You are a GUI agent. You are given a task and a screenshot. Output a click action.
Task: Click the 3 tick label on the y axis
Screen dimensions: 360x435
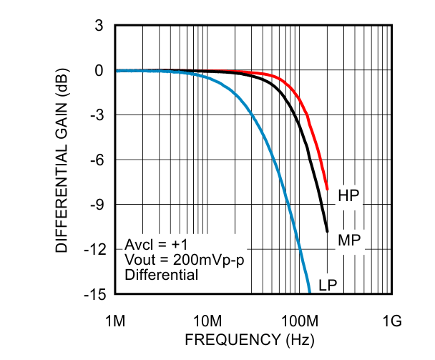99,26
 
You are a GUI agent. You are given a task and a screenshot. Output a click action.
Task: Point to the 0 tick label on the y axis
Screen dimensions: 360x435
99,70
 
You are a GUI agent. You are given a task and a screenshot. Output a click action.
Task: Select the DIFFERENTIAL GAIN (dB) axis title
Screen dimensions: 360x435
62,160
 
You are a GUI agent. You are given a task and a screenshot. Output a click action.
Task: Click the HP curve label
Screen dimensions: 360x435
348,195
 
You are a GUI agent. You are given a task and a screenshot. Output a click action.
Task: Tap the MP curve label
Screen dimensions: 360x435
348,240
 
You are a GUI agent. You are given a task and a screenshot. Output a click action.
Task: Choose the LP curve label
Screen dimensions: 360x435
328,285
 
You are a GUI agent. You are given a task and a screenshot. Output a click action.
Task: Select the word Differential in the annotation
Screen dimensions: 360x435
161,274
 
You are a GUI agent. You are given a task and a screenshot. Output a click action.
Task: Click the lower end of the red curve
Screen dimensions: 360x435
327,189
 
